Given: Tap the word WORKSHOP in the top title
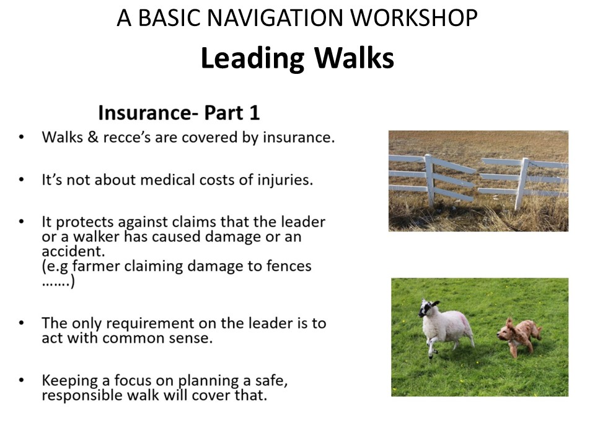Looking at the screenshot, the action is (x=413, y=18).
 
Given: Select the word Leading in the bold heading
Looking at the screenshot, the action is (x=252, y=58).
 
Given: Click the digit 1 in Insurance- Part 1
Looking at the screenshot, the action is (x=255, y=112).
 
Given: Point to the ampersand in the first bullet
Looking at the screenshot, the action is (x=93, y=137).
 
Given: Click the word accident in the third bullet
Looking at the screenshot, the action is (x=73, y=251).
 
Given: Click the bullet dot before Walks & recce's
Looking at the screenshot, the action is (x=21, y=137).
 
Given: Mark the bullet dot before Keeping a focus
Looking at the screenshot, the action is (x=21, y=380).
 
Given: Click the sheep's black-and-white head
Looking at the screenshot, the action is (x=428, y=308).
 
